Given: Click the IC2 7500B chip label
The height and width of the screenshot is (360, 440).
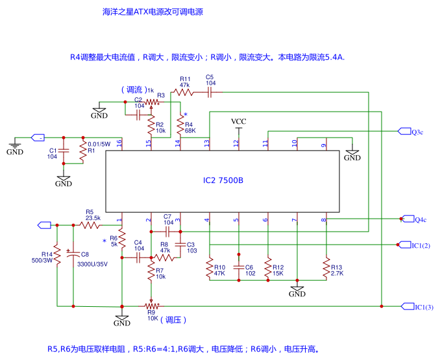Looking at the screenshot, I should (223, 180).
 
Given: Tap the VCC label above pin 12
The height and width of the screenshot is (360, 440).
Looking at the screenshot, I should (239, 122).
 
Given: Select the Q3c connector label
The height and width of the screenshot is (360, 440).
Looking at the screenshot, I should (417, 132).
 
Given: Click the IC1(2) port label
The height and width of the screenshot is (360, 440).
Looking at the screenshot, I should (421, 245).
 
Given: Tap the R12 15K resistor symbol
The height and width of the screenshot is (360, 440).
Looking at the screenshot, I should (267, 267).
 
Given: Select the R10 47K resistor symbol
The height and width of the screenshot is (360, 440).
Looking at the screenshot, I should (210, 267).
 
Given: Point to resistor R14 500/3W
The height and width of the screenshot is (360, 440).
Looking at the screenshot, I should (57, 258).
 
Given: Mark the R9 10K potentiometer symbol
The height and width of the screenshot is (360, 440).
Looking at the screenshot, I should (151, 305).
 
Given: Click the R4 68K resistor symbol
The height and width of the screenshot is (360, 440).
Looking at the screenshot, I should (180, 122).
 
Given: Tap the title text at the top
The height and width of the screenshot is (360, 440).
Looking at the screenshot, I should (153, 12).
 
